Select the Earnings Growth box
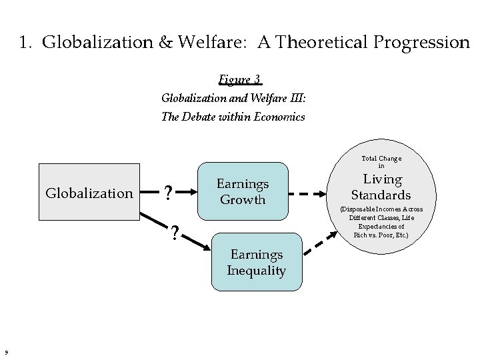tap(243, 191)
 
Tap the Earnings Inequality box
tap(256, 262)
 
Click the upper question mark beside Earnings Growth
tap(169, 193)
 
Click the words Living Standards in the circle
tap(381, 187)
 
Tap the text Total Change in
tap(381, 161)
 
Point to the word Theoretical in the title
tap(306, 43)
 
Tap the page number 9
tap(5, 353)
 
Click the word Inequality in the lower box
tap(256, 271)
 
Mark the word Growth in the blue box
tap(243, 200)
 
